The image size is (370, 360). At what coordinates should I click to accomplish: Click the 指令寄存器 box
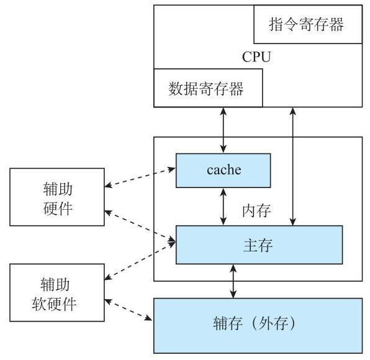click(307, 25)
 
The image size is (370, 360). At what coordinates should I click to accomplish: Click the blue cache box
click(223, 169)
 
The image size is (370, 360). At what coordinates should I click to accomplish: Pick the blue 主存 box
click(259, 244)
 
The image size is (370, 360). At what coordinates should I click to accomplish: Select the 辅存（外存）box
click(258, 325)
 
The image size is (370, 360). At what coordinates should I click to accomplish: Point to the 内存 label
click(256, 210)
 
